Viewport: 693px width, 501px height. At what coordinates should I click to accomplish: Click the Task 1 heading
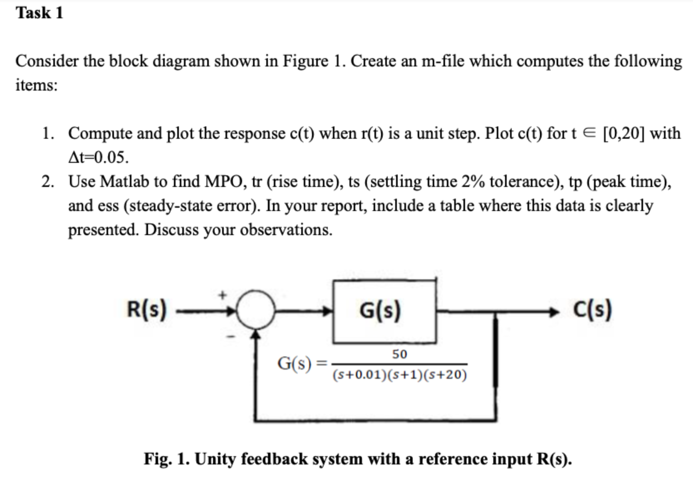40,13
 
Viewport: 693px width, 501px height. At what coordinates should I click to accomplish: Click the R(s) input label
146,309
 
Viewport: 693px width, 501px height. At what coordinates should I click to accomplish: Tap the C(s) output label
592,309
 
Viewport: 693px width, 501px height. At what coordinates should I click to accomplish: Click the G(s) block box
384,311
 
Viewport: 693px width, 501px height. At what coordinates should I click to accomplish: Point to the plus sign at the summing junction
223,295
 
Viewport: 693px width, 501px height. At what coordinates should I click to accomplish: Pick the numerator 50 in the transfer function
399,354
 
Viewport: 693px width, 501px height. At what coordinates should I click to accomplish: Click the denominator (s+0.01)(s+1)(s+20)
400,375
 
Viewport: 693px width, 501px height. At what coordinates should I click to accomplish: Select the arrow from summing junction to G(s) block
304,311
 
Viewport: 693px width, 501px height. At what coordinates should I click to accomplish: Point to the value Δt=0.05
98,157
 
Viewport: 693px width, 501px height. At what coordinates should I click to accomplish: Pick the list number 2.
47,182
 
